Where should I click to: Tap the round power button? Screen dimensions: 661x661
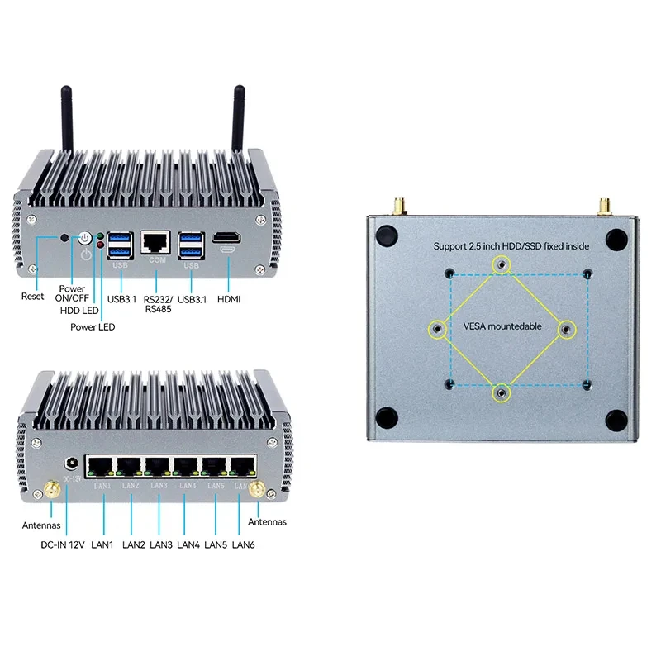pyautogui.click(x=84, y=239)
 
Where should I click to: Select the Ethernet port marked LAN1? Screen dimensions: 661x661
pyautogui.click(x=102, y=467)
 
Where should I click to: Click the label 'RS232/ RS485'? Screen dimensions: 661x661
pyautogui.click(x=157, y=304)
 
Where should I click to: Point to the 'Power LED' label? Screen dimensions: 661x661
pyautogui.click(x=93, y=327)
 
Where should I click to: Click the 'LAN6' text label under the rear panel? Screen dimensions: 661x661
pyautogui.click(x=244, y=544)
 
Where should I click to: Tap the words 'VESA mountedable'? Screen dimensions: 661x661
pyautogui.click(x=502, y=326)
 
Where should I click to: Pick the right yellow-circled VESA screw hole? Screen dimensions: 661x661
pyautogui.click(x=565, y=330)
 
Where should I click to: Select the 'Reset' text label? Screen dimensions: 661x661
pyautogui.click(x=33, y=296)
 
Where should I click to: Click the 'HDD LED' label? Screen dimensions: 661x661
pyautogui.click(x=78, y=311)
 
